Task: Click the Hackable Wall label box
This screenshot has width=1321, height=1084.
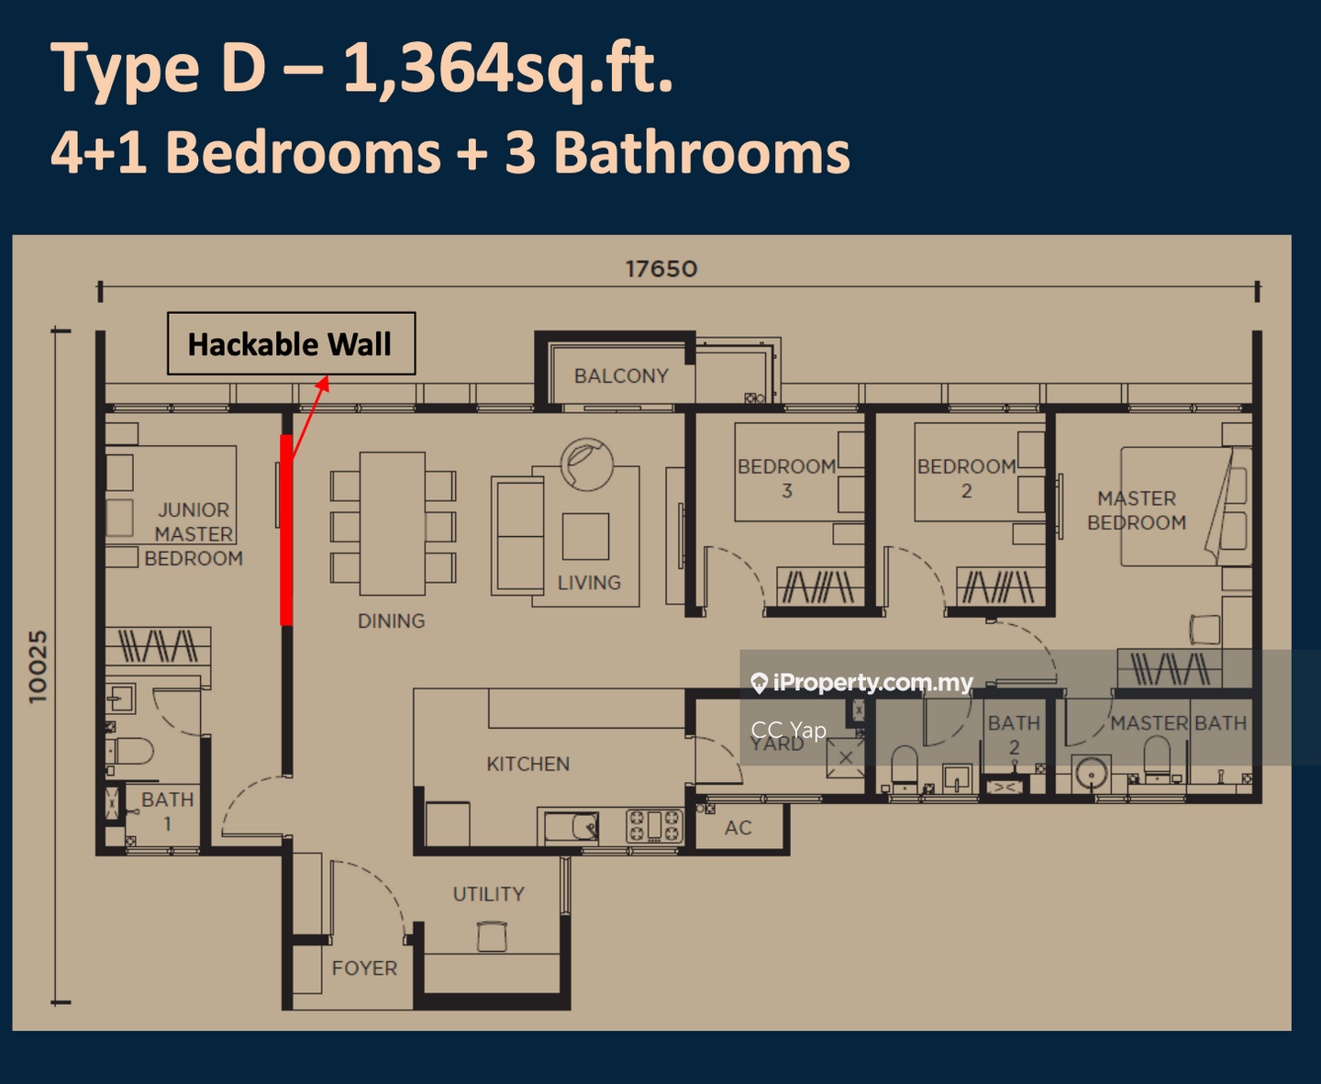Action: [291, 343]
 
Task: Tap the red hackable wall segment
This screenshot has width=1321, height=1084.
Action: [286, 530]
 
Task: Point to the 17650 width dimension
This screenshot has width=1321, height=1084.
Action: [661, 269]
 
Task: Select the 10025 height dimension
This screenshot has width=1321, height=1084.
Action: [38, 666]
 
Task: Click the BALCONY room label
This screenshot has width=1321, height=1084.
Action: [621, 376]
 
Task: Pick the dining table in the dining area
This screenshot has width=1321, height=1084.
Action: [393, 524]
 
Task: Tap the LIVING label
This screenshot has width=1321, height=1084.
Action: [590, 583]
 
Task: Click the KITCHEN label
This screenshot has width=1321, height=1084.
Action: [528, 764]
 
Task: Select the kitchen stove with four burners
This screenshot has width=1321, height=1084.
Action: [655, 825]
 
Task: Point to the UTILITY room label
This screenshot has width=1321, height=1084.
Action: [489, 894]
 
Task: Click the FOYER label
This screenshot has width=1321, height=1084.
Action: [364, 968]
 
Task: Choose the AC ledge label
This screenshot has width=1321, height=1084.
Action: [738, 828]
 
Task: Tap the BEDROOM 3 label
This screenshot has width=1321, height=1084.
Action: [787, 479]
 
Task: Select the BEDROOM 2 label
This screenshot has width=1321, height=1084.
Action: [967, 479]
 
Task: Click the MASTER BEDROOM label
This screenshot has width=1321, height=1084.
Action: [1137, 510]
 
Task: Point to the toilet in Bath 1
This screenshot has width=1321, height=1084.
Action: [130, 751]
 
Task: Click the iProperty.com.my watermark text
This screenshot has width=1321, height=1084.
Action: [872, 682]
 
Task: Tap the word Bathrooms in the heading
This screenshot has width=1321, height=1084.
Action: [702, 153]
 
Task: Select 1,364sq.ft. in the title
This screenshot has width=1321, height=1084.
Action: [508, 67]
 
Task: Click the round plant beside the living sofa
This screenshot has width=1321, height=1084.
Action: [587, 464]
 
